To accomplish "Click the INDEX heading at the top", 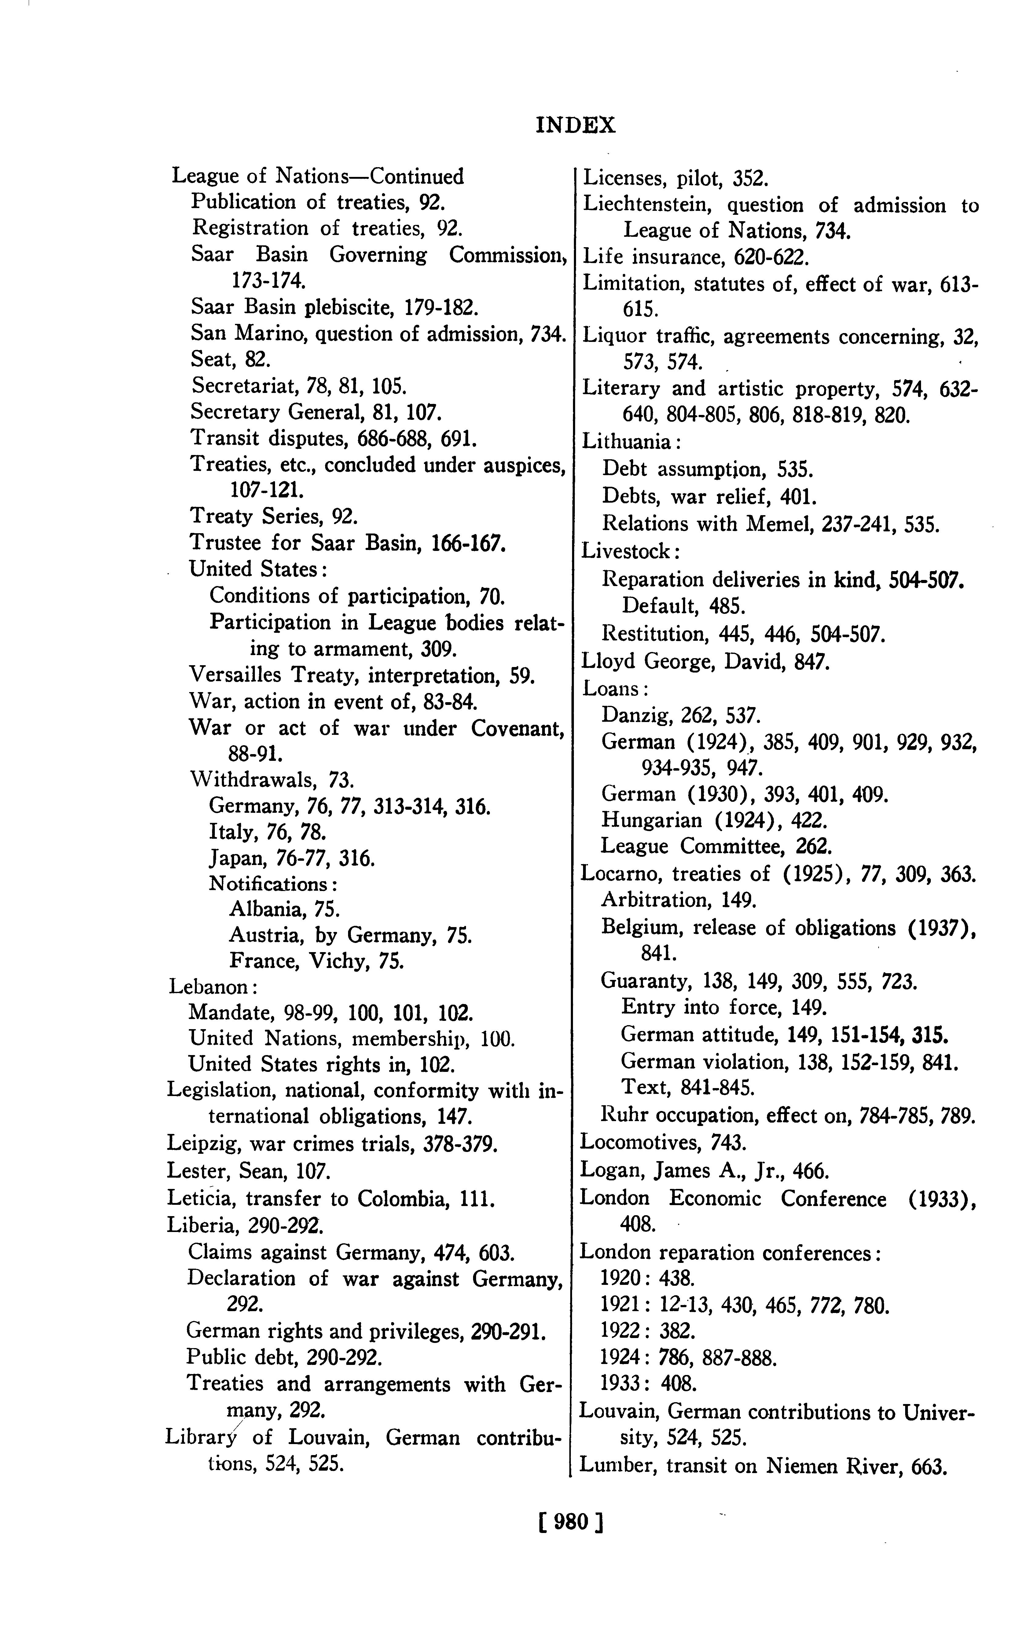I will click(x=576, y=125).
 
